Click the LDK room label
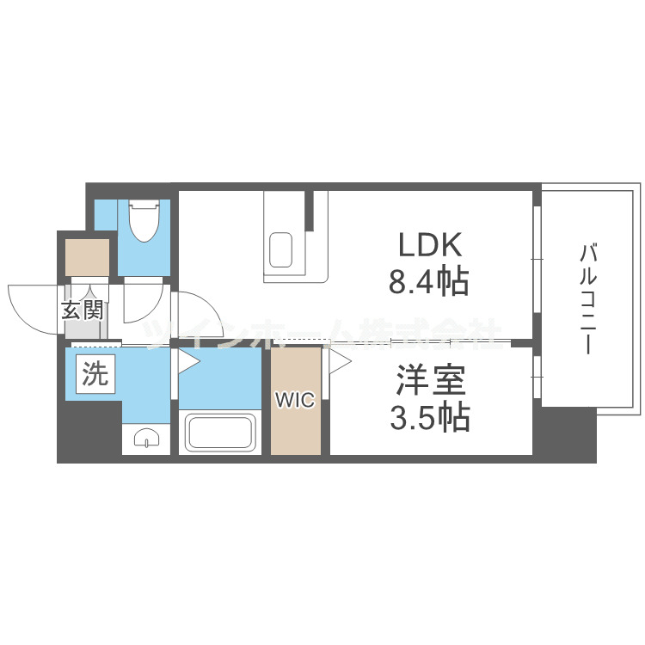[429, 245]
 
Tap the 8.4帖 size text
[428, 282]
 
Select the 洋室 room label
[431, 380]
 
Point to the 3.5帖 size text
[430, 417]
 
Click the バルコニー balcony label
[588, 298]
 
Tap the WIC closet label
[295, 400]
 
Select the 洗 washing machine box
[95, 374]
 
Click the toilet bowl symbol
[144, 221]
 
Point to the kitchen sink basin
[280, 250]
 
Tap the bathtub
[220, 432]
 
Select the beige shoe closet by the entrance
[87, 257]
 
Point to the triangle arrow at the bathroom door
[187, 361]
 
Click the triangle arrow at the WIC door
[340, 362]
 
